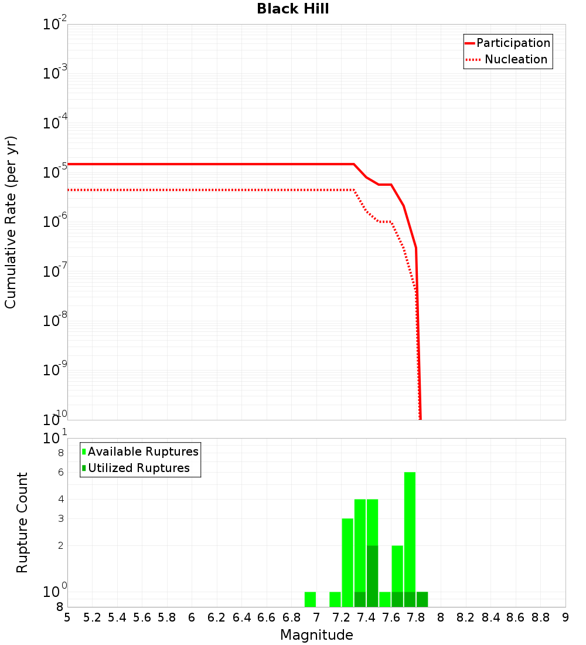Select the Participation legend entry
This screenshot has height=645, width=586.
pos(513,43)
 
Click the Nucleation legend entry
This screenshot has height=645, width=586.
pos(515,59)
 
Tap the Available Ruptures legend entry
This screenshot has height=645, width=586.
pos(143,451)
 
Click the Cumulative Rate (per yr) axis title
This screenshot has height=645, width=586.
pos(11,222)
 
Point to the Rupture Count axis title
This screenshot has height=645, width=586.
pos(22,522)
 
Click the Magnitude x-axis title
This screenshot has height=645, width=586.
pos(316,634)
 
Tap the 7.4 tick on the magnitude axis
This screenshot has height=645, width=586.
pos(366,617)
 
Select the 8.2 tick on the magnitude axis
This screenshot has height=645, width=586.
pos(466,617)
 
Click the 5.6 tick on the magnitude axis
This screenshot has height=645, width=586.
pos(142,617)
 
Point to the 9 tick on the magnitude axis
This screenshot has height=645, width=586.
pos(565,617)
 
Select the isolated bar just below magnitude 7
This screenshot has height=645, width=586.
pos(310,599)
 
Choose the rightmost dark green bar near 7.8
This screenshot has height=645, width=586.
pos(422,599)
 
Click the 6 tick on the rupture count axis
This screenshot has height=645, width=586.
pos(60,472)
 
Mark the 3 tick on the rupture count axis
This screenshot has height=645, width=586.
pos(60,518)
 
